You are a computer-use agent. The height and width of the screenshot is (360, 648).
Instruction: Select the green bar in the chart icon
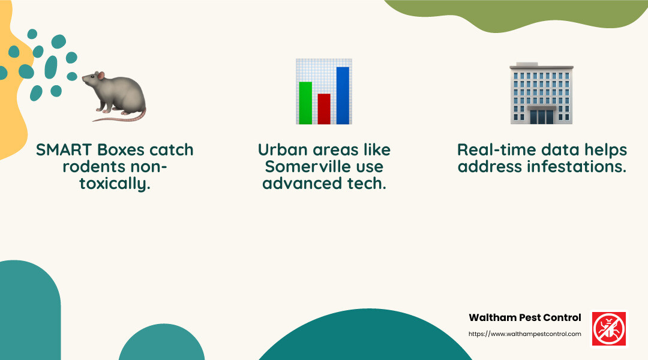click(x=305, y=102)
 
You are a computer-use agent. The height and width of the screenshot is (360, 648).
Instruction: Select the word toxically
click(x=114, y=184)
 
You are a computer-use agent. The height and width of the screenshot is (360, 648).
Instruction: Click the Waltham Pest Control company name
click(x=524, y=317)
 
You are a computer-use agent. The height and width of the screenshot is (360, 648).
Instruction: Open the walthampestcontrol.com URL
click(x=524, y=334)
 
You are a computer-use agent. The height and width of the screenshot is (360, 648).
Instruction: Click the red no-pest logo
click(x=609, y=328)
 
